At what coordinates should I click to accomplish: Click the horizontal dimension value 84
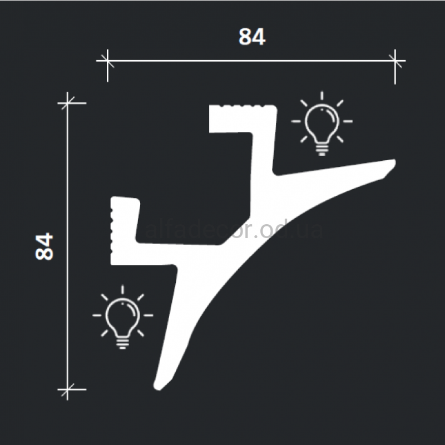[252, 37]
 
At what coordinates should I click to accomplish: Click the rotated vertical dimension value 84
[44, 246]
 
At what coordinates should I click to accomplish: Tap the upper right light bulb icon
[322, 123]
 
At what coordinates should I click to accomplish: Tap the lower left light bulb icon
[122, 317]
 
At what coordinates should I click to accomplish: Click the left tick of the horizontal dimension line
[107, 61]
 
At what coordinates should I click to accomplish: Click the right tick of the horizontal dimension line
[395, 61]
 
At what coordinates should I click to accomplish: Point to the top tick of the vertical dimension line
[67, 103]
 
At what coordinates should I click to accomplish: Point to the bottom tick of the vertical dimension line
[67, 390]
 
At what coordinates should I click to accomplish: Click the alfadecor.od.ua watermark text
[234, 230]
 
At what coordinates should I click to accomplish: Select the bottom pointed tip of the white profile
[157, 389]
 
